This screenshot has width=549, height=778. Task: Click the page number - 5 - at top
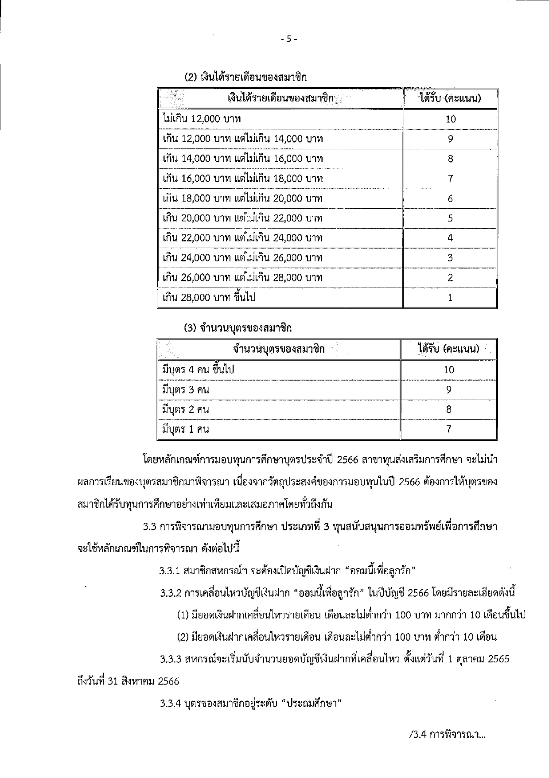point(288,39)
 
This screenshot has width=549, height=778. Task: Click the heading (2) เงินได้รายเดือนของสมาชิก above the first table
point(245,77)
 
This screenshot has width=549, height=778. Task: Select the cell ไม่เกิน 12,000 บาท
point(202,119)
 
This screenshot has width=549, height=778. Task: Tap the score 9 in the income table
point(450,139)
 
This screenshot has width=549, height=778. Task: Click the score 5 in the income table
point(450,218)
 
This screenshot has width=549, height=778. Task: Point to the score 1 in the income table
point(450,298)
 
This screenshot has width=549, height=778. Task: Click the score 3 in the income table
point(450,258)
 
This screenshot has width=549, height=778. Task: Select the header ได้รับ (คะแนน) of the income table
point(450,98)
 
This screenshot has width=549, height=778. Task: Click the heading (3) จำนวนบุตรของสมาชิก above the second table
point(238,328)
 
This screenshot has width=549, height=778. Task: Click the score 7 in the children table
point(449,429)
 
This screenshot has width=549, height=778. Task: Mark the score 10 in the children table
point(449,370)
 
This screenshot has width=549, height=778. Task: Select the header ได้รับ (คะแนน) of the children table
point(449,349)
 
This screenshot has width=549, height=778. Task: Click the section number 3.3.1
point(170,571)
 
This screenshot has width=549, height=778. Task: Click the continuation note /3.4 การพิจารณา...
point(448,735)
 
